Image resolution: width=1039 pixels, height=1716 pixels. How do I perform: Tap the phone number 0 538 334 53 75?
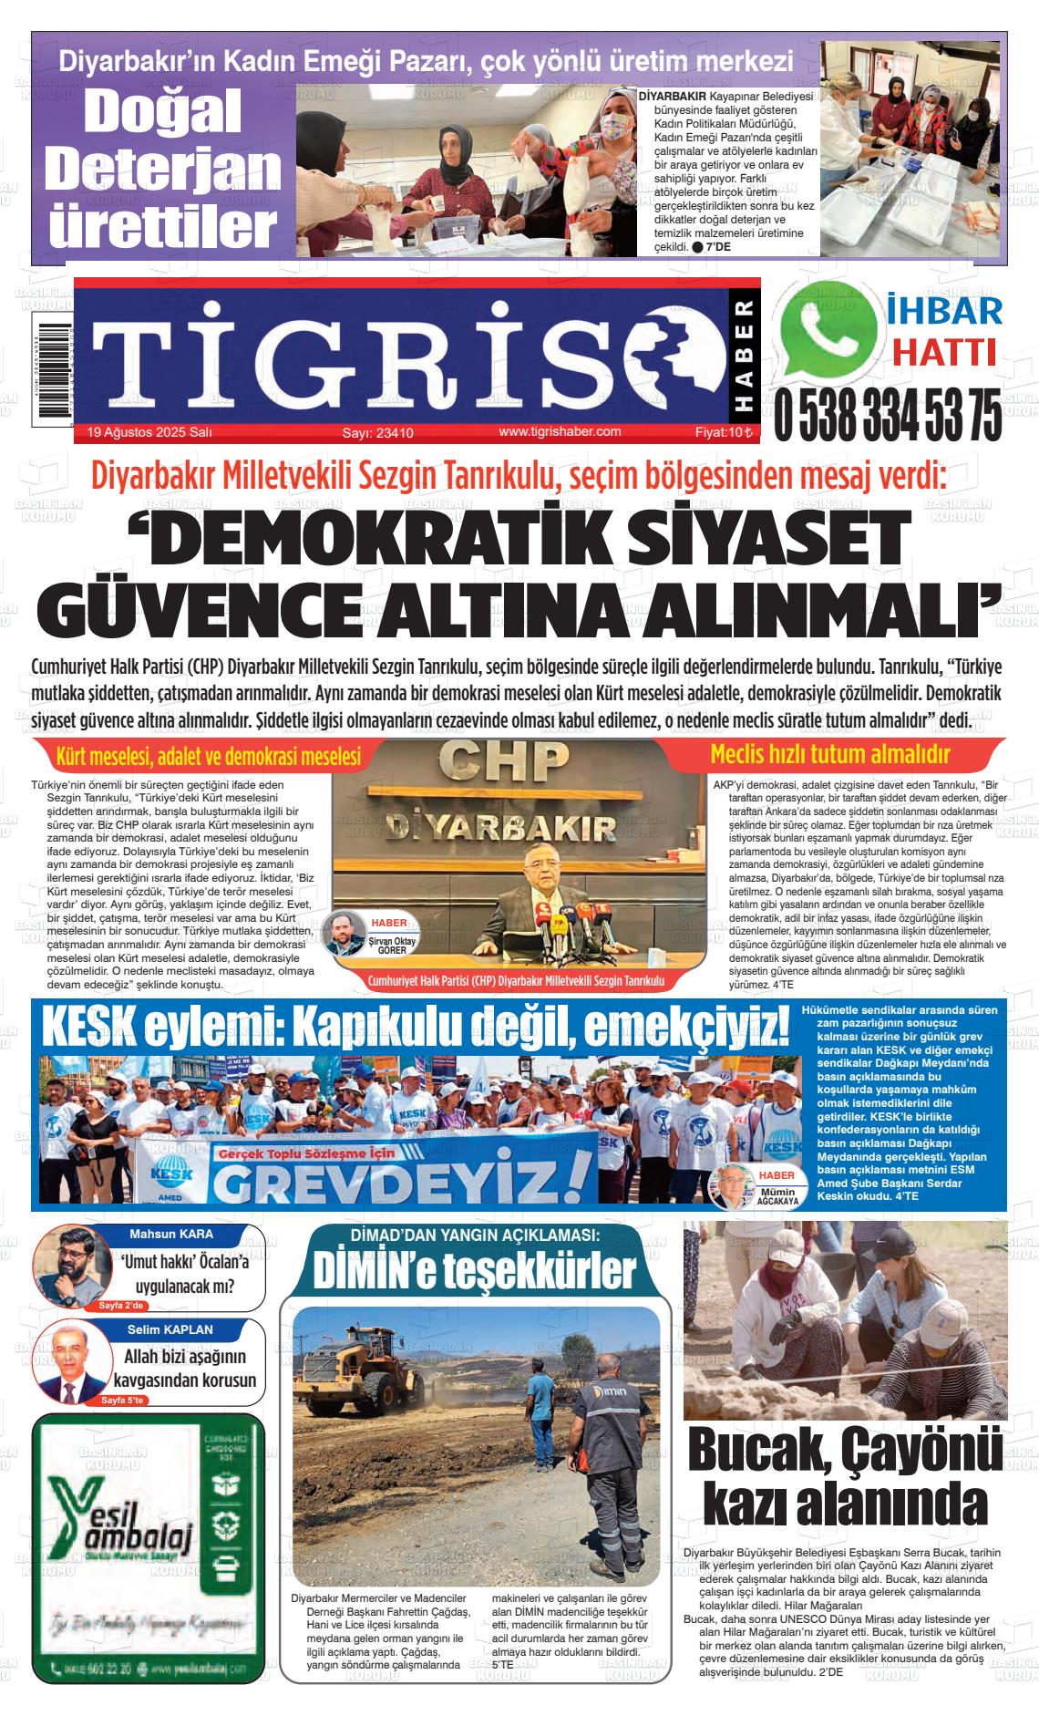pyautogui.click(x=887, y=414)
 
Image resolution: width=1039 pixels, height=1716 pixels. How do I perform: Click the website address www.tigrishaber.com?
pyautogui.click(x=560, y=432)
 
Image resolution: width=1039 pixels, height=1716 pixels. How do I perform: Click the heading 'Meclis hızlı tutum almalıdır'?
pyautogui.click(x=829, y=755)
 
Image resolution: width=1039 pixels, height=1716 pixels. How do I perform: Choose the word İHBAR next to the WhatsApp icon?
pyautogui.click(x=943, y=311)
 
